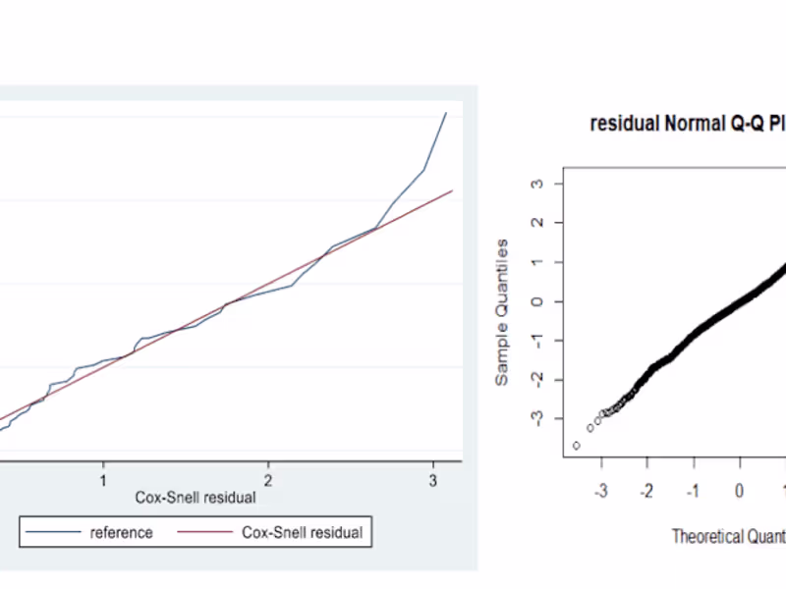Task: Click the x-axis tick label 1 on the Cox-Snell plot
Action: pos(103,480)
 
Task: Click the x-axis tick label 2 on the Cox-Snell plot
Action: pos(268,480)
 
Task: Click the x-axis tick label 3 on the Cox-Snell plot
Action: pos(433,480)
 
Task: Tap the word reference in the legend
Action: pos(121,533)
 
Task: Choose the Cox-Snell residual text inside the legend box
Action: pos(302,533)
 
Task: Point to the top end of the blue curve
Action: pos(446,112)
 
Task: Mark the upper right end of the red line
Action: pos(452,190)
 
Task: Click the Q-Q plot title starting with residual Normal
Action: pos(687,125)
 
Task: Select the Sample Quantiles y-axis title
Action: pos(502,311)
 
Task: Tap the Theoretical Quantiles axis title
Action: pos(728,536)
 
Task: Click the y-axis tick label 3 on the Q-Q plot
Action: pos(536,184)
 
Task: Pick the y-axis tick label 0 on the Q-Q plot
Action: pos(536,301)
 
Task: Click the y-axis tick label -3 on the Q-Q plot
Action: pos(534,419)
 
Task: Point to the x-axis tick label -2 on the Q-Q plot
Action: pos(646,490)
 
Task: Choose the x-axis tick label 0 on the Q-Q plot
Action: pos(740,490)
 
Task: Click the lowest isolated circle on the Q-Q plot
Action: pos(576,445)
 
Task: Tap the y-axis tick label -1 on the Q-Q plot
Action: pos(534,341)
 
